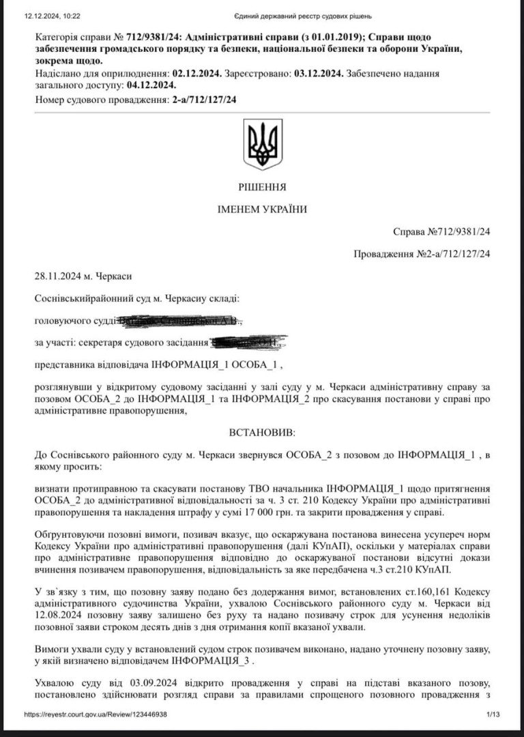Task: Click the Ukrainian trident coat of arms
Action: point(263,144)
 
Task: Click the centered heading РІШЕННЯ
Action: point(263,187)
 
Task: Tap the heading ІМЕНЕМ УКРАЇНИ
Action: point(263,209)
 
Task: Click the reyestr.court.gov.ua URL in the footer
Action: point(96,714)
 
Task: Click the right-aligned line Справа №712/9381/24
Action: point(442,231)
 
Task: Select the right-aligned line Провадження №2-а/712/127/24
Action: point(423,254)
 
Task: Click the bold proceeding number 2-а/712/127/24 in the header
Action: point(205,100)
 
